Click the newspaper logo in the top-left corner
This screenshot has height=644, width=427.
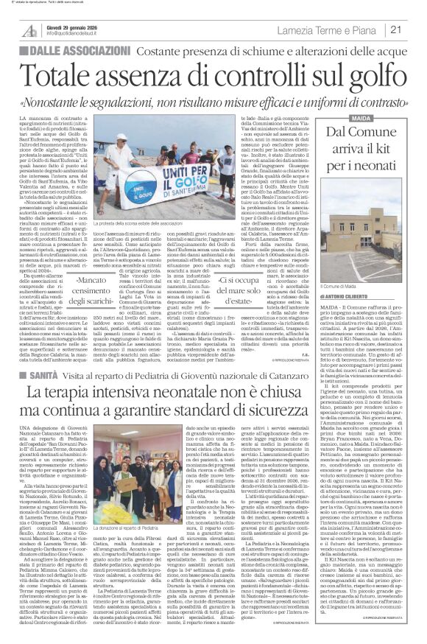coord(29,29)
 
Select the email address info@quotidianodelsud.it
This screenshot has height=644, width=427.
coord(82,34)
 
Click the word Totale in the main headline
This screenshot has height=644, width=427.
coord(70,69)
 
